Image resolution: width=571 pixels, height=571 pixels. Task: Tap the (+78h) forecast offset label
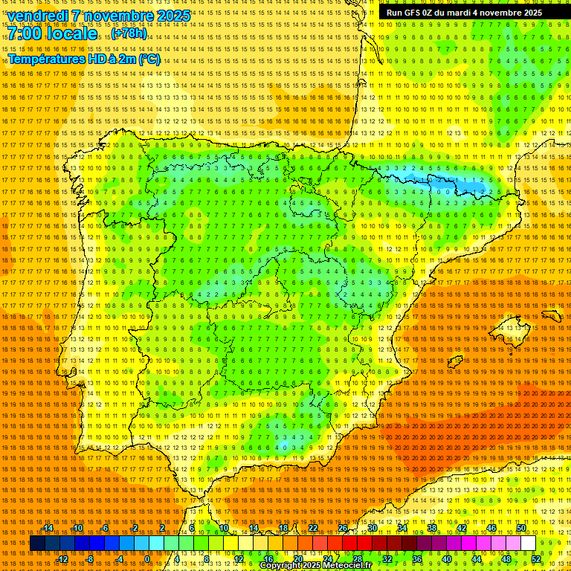[129, 34]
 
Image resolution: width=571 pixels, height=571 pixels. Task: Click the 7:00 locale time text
[53, 33]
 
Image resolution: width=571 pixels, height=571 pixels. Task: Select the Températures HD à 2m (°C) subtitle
[84, 59]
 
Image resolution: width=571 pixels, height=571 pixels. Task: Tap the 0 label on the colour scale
[147, 559]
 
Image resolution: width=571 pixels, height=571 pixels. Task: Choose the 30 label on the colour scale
[372, 528]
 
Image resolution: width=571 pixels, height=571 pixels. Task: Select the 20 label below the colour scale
[297, 559]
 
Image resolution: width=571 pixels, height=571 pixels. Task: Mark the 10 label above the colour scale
[223, 528]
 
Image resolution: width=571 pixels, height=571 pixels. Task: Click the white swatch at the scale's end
[529, 543]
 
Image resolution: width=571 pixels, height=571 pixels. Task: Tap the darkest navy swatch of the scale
[37, 543]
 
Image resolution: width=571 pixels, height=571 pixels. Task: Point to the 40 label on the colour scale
[447, 559]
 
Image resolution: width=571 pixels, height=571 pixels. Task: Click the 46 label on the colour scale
[491, 528]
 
